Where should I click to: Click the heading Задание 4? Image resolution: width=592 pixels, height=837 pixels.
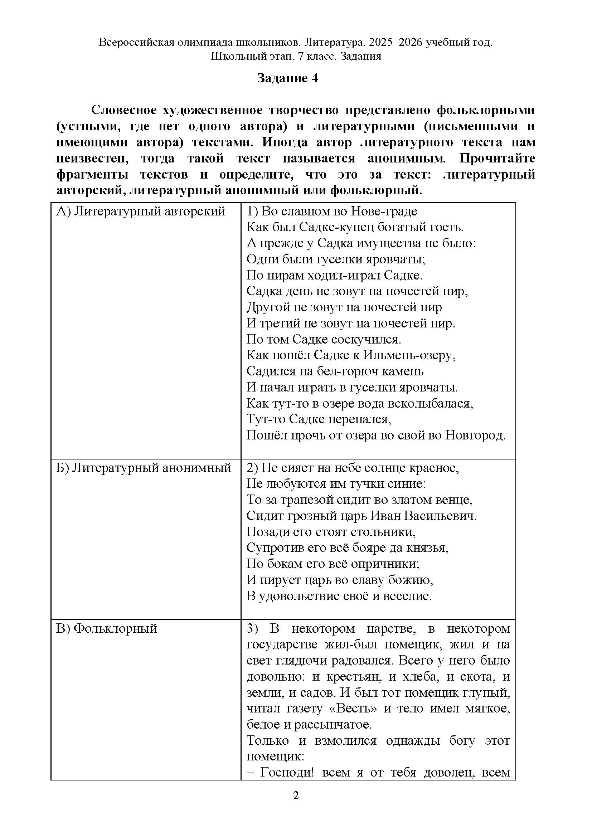coord(288,78)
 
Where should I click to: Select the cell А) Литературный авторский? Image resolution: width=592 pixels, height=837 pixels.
coord(141,211)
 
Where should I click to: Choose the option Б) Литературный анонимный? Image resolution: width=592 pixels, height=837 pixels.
coord(144,468)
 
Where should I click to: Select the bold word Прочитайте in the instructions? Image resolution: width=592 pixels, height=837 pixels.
coord(497,159)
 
